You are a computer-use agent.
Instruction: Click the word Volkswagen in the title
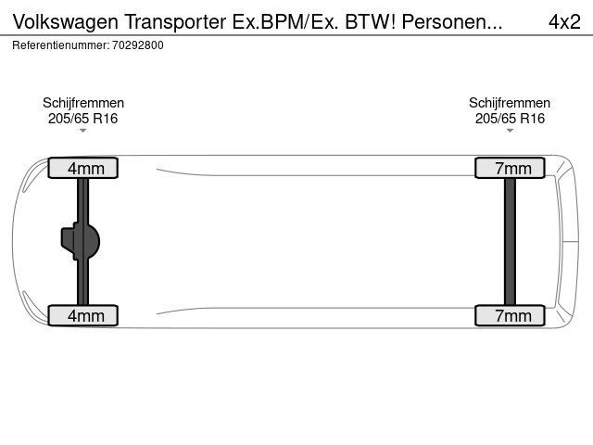tap(66, 22)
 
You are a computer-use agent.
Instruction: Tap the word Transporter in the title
tap(175, 21)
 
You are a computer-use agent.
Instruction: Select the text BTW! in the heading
tap(371, 21)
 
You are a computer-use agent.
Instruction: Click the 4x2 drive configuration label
tap(564, 21)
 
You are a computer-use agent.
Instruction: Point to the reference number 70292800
tap(138, 45)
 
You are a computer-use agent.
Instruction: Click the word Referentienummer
tap(61, 45)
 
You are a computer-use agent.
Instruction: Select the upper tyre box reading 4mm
tap(82, 168)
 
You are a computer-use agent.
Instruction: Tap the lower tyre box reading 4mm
tap(82, 315)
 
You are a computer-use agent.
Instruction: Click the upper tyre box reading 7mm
tap(510, 168)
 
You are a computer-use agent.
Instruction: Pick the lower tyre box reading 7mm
tap(510, 315)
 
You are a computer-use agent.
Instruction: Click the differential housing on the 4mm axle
tap(81, 241)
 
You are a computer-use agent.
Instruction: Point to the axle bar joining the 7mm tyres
tap(510, 241)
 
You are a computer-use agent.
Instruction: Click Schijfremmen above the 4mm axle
tap(83, 103)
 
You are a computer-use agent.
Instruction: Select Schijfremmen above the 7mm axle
tap(510, 103)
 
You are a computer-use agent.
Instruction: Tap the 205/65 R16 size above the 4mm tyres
tap(82, 119)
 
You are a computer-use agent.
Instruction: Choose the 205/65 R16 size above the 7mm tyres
tap(510, 119)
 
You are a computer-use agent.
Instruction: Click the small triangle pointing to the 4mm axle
tap(82, 131)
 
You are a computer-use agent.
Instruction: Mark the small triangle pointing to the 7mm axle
tap(510, 131)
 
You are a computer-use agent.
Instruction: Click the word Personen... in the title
tap(452, 21)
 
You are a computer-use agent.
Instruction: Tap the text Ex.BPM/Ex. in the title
tap(285, 21)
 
